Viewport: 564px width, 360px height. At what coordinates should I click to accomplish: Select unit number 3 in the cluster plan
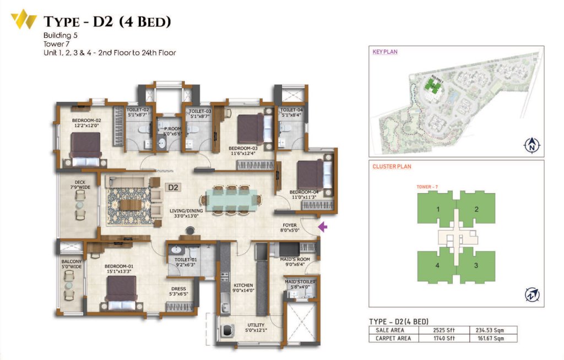click(477, 265)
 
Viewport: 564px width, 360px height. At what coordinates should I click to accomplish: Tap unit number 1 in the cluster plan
click(437, 209)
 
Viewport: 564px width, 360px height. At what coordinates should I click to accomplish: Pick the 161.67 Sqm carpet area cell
click(493, 339)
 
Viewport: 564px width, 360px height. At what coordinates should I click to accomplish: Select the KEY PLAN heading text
click(385, 52)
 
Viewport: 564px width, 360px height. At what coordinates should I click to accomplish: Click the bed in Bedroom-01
click(121, 293)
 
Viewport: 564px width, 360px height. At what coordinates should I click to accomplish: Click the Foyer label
click(290, 227)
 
